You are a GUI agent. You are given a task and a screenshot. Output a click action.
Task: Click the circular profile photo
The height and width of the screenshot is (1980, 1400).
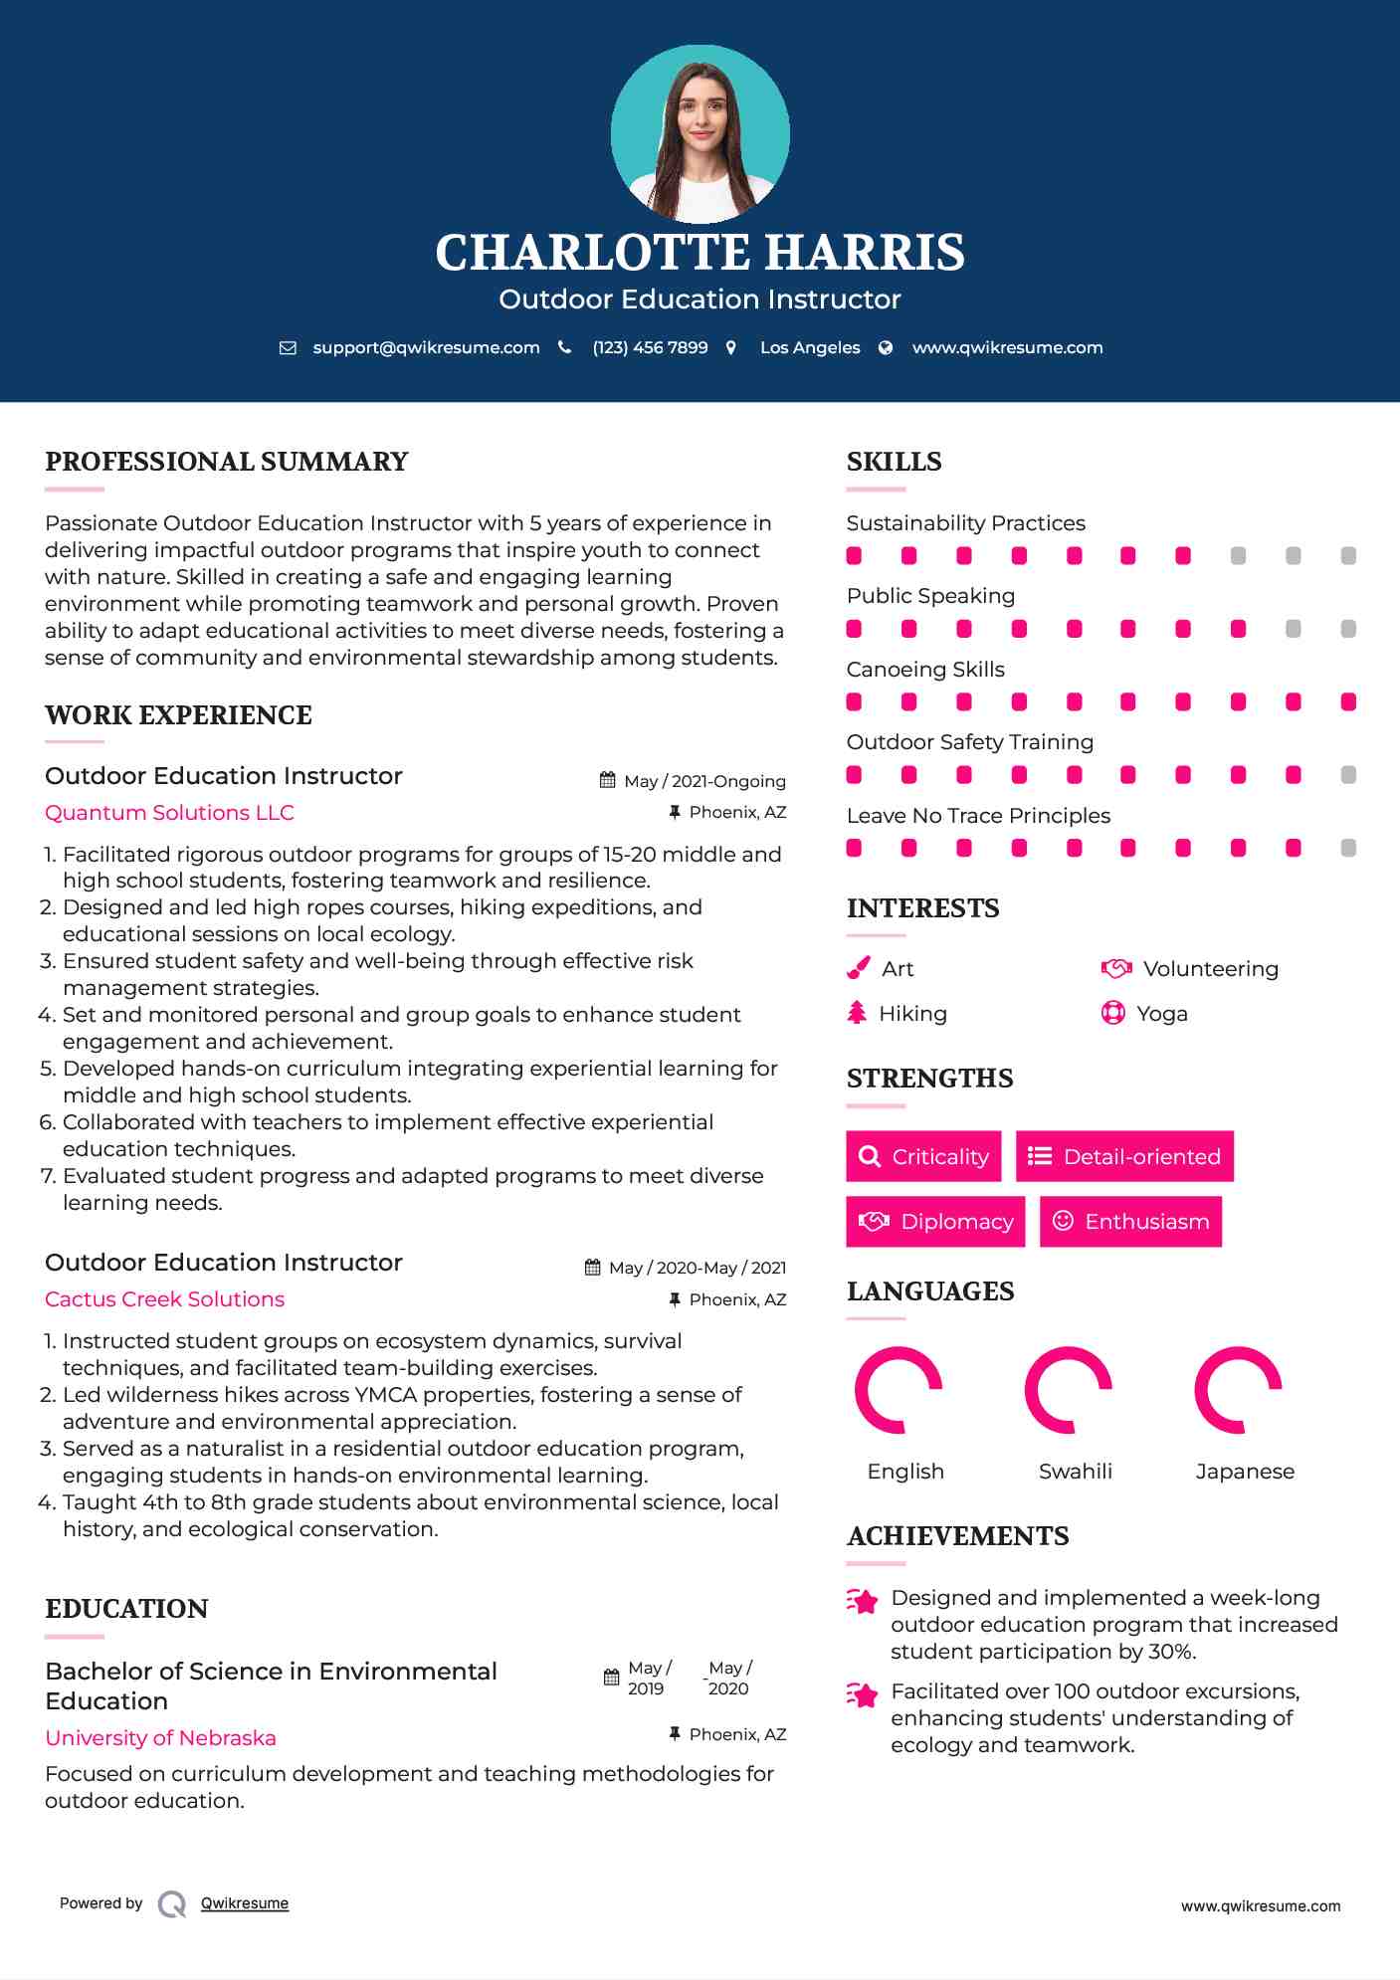click(700, 133)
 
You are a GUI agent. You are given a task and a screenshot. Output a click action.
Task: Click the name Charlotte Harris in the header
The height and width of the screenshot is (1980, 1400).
click(700, 253)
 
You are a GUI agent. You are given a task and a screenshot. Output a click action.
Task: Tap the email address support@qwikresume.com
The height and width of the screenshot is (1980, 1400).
click(426, 347)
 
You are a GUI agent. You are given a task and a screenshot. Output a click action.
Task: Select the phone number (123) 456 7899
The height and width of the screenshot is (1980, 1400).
click(650, 347)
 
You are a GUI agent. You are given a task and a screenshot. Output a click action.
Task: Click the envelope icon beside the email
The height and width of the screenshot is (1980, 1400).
click(288, 347)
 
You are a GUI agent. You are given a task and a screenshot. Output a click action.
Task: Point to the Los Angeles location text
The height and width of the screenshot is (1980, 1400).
click(810, 347)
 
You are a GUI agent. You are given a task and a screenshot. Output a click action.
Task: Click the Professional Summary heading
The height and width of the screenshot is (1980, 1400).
click(227, 462)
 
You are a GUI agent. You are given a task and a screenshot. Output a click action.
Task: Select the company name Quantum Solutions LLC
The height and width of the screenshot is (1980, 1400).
click(169, 813)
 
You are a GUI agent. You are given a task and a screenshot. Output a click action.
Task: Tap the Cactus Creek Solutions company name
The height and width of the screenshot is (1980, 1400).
click(164, 1299)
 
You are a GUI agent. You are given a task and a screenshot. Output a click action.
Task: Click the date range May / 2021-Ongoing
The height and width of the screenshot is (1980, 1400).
click(704, 781)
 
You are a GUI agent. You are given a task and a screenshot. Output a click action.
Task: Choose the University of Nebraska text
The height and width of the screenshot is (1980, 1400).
click(160, 1738)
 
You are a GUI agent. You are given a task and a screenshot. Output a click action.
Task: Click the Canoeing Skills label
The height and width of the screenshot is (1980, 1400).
click(925, 670)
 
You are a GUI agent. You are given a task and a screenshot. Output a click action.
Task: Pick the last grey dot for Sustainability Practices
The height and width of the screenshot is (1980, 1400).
click(1348, 556)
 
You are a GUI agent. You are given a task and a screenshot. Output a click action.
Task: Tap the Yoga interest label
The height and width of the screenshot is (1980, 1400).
click(1162, 1014)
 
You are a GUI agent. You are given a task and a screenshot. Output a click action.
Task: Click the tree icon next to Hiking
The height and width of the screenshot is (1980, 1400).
click(857, 1013)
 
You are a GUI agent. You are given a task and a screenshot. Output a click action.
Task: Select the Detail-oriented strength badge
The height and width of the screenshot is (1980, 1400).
click(1124, 1156)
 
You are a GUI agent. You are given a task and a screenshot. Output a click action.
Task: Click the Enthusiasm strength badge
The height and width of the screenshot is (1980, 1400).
click(1130, 1221)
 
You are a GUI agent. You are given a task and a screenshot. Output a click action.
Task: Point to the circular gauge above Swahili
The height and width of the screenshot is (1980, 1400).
click(1069, 1390)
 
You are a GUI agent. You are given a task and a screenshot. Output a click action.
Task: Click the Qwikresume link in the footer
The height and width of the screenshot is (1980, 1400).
click(245, 1903)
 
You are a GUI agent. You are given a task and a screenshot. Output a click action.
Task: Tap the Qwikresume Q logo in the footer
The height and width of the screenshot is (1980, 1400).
click(172, 1903)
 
